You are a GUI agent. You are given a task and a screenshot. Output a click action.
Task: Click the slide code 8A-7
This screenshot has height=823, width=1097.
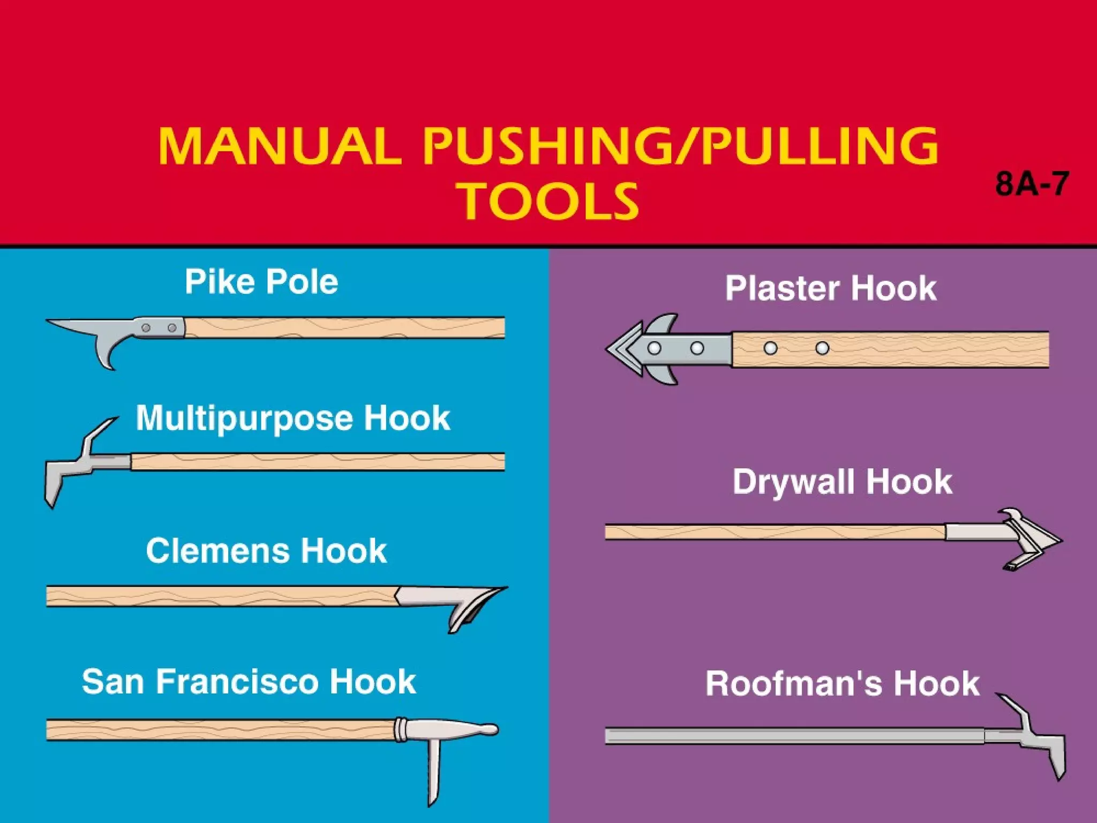pos(1032,184)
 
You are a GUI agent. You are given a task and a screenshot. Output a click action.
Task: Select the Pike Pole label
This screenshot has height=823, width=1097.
pos(261,282)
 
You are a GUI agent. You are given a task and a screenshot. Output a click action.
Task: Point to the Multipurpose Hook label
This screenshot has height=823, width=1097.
pos(292,418)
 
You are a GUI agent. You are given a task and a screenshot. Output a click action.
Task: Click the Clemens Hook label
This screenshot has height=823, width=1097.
pos(266,551)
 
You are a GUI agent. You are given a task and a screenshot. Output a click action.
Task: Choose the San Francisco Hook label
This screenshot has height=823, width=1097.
pos(249,682)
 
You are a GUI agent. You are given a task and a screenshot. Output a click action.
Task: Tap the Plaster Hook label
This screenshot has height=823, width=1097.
pos(831,288)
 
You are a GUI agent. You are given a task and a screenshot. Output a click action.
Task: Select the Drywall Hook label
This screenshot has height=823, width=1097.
pos(843,482)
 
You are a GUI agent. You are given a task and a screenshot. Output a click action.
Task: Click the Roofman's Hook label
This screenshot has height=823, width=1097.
pos(843,684)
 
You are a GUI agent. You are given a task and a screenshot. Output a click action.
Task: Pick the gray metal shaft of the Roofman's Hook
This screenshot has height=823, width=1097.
pos(793,736)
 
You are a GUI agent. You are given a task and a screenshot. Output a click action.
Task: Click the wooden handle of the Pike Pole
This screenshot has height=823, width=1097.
pos(343,327)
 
